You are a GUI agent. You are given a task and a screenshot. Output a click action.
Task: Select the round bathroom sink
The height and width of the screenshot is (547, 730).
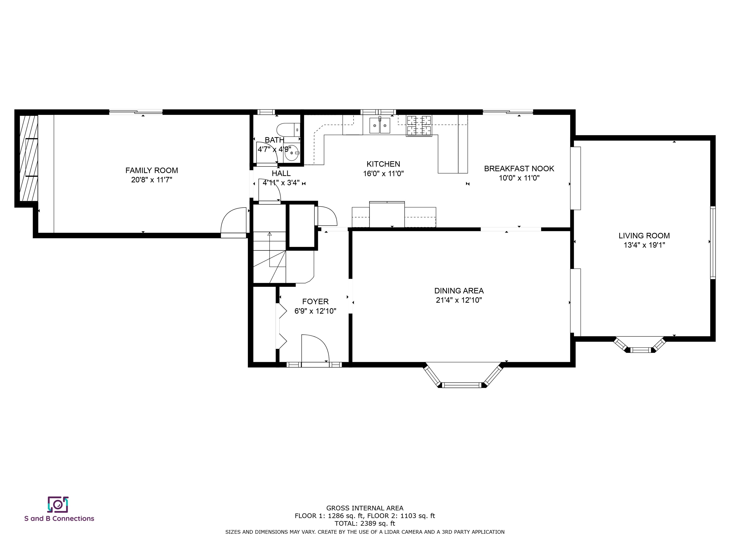(292, 153)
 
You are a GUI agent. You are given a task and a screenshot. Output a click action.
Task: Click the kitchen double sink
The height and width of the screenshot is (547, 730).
(379, 126)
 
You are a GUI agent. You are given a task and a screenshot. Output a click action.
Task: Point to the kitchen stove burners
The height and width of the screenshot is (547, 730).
(419, 126)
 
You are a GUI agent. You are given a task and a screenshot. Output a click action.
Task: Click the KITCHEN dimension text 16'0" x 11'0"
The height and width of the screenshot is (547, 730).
(384, 174)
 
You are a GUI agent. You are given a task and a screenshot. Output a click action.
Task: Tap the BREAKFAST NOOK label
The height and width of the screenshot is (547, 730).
(519, 169)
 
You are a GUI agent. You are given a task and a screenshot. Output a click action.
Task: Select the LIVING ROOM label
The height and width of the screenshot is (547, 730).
(644, 236)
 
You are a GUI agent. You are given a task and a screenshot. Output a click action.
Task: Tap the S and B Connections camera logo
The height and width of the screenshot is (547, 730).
(58, 505)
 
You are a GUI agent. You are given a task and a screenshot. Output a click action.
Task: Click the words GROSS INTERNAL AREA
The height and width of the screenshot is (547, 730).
(365, 508)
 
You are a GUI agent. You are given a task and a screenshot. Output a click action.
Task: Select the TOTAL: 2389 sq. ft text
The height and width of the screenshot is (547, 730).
(365, 523)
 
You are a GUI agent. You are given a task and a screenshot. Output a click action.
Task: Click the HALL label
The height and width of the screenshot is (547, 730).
(281, 174)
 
